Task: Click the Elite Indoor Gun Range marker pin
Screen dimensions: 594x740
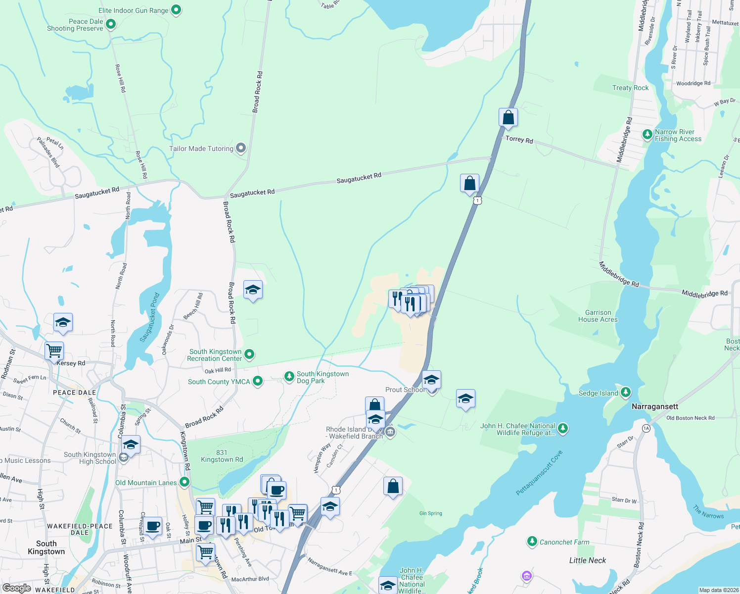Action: (176, 10)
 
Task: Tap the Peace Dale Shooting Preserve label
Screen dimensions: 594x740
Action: (75, 25)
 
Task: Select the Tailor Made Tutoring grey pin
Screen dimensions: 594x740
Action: (241, 148)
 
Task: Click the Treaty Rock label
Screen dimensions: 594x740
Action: (630, 88)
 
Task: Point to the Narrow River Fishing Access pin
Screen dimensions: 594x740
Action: (647, 134)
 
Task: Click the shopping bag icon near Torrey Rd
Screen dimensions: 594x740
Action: (508, 118)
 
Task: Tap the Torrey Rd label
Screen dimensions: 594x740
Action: (519, 140)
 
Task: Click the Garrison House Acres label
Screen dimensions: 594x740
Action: (598, 316)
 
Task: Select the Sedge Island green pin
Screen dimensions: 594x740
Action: (626, 393)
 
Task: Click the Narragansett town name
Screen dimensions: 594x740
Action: (654, 406)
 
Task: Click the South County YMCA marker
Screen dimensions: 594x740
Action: (257, 381)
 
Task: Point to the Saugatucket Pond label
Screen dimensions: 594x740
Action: (149, 317)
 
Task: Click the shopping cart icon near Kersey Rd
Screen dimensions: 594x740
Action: (54, 351)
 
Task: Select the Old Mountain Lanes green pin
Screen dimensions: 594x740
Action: (185, 482)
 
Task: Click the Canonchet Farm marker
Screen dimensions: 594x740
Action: (532, 542)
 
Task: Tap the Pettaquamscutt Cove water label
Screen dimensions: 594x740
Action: (539, 473)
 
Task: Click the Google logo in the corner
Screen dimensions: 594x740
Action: (16, 588)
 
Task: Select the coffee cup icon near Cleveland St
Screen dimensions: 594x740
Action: (153, 526)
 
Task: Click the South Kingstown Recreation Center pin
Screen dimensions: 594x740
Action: (249, 354)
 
